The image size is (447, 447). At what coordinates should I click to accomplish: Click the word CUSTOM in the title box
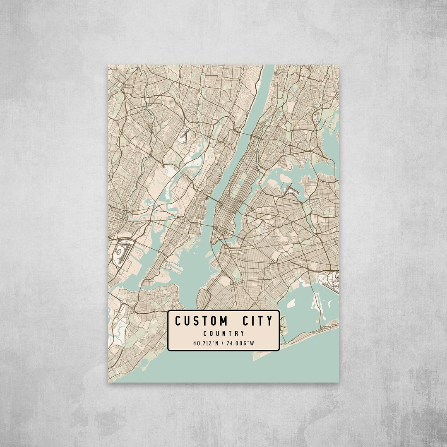click(201, 321)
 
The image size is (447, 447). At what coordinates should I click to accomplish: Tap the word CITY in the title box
click(258, 321)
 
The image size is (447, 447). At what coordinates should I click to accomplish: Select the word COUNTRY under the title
click(223, 333)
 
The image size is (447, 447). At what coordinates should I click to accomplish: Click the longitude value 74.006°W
click(242, 343)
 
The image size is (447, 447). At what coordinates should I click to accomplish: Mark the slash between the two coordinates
click(224, 343)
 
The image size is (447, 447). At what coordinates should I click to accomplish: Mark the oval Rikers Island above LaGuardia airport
click(286, 179)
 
